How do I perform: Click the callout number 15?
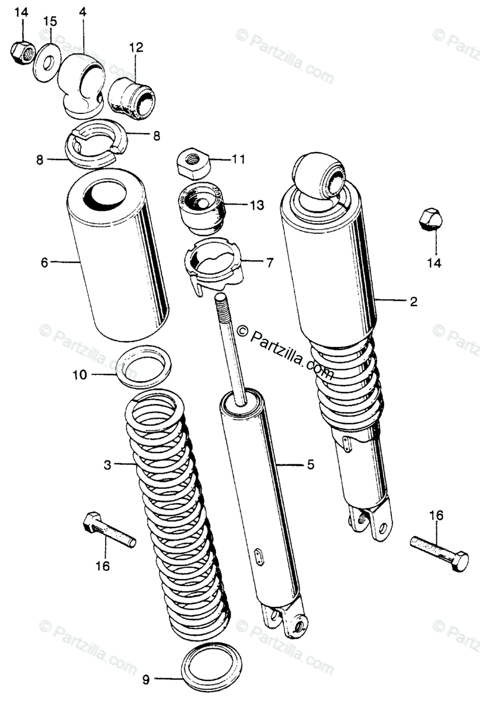50,22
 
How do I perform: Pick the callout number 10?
79,374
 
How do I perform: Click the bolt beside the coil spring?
110,529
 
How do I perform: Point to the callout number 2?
413,301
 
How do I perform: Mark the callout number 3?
107,465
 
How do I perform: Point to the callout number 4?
82,12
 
